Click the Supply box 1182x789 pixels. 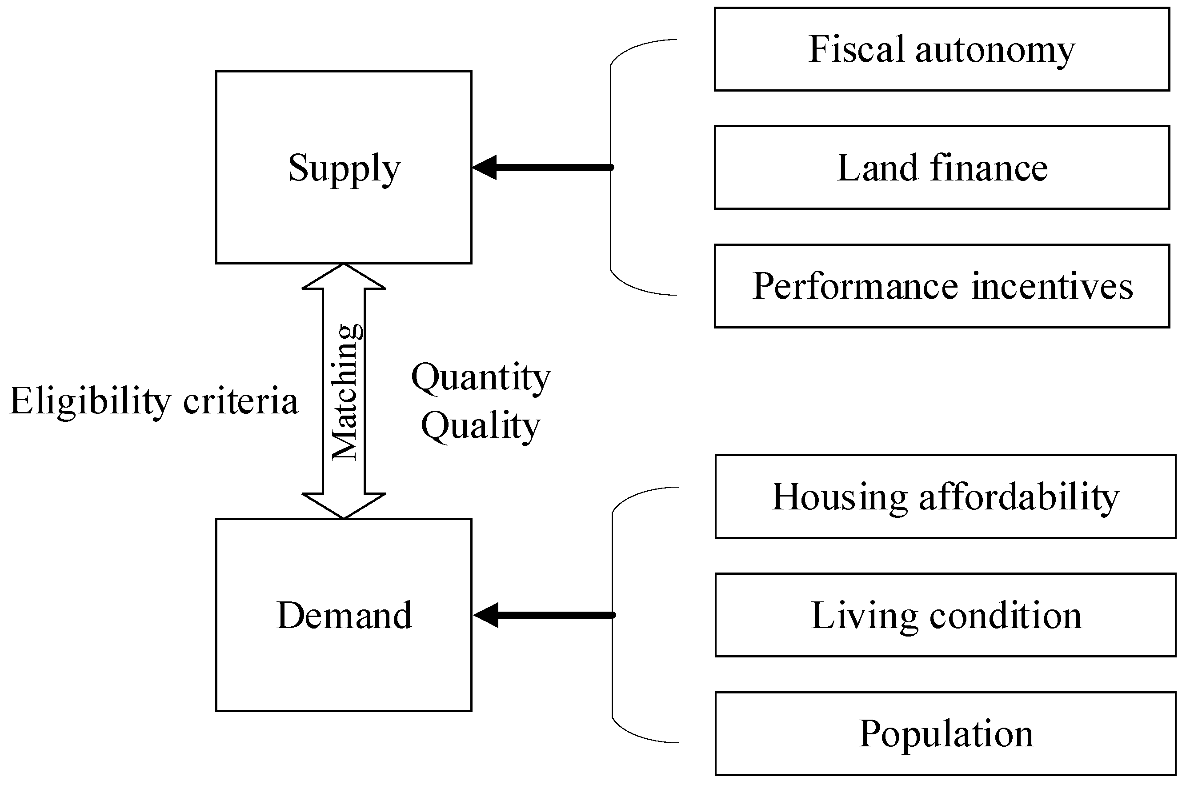pos(344,167)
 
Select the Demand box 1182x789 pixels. pos(344,615)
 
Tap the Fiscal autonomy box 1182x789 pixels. pos(942,49)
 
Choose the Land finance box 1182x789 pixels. pos(942,168)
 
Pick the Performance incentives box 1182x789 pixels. pos(942,286)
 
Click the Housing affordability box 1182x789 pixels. pos(945,497)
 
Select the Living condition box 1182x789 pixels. pos(945,615)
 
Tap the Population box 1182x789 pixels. pos(945,733)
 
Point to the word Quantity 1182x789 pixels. pos(481,377)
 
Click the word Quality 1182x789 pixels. pos(481,426)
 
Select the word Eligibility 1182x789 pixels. pos(91,401)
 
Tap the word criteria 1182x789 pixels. pos(240,401)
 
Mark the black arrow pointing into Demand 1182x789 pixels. pos(544,615)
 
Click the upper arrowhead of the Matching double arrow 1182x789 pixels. pos(344,278)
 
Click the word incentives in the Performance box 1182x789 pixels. pos(1052,286)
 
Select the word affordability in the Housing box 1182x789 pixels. pos(1019,497)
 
